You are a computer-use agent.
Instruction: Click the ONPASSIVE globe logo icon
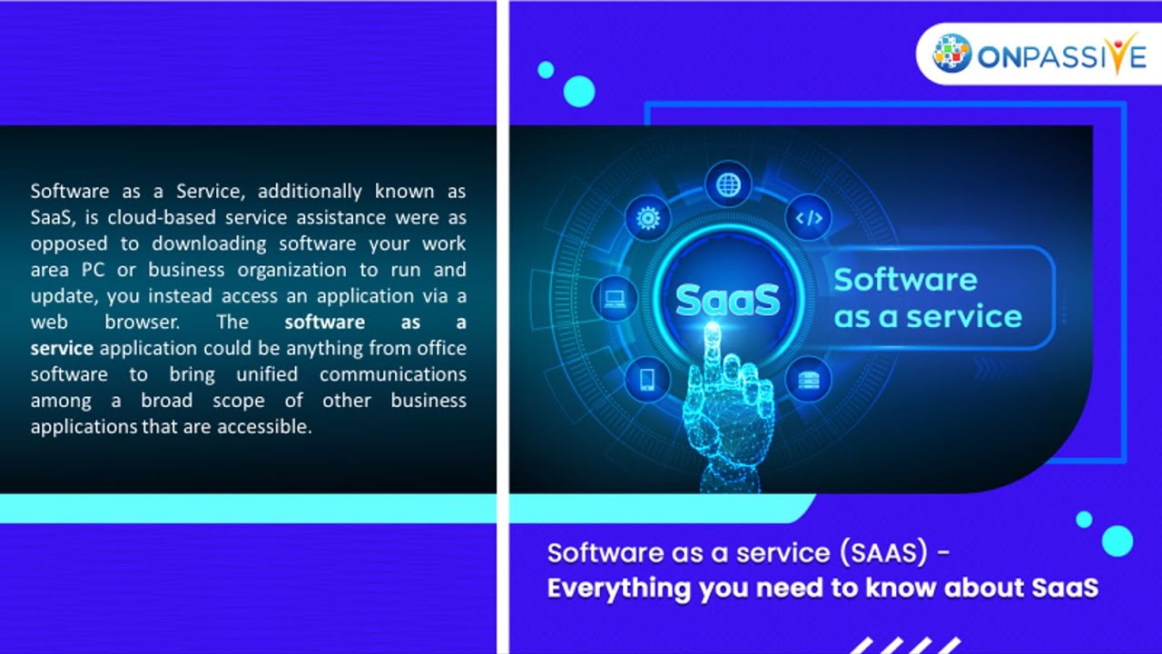[x=951, y=53]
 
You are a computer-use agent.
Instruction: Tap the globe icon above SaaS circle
[x=728, y=184]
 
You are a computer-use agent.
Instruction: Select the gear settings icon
[x=648, y=218]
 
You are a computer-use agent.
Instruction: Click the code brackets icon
[x=809, y=218]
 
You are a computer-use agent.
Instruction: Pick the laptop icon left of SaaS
[x=615, y=299]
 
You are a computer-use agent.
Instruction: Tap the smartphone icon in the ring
[x=647, y=379]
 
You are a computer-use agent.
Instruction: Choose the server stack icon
[x=809, y=380]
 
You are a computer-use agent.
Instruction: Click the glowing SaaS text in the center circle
[x=728, y=300]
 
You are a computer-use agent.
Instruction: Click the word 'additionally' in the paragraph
[x=310, y=192]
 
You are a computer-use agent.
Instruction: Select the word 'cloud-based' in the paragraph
[x=162, y=217]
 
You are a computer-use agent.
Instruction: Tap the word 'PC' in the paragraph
[x=93, y=270]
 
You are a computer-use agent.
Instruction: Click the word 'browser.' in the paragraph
[x=143, y=322]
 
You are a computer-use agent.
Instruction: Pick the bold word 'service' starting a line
[x=62, y=348]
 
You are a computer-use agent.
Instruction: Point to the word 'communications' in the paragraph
[x=393, y=374]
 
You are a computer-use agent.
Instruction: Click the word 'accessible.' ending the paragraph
[x=264, y=427]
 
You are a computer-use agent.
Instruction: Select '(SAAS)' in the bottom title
[x=883, y=552]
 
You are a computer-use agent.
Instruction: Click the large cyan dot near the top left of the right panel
[x=579, y=92]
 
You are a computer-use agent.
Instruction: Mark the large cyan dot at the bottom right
[x=1118, y=540]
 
